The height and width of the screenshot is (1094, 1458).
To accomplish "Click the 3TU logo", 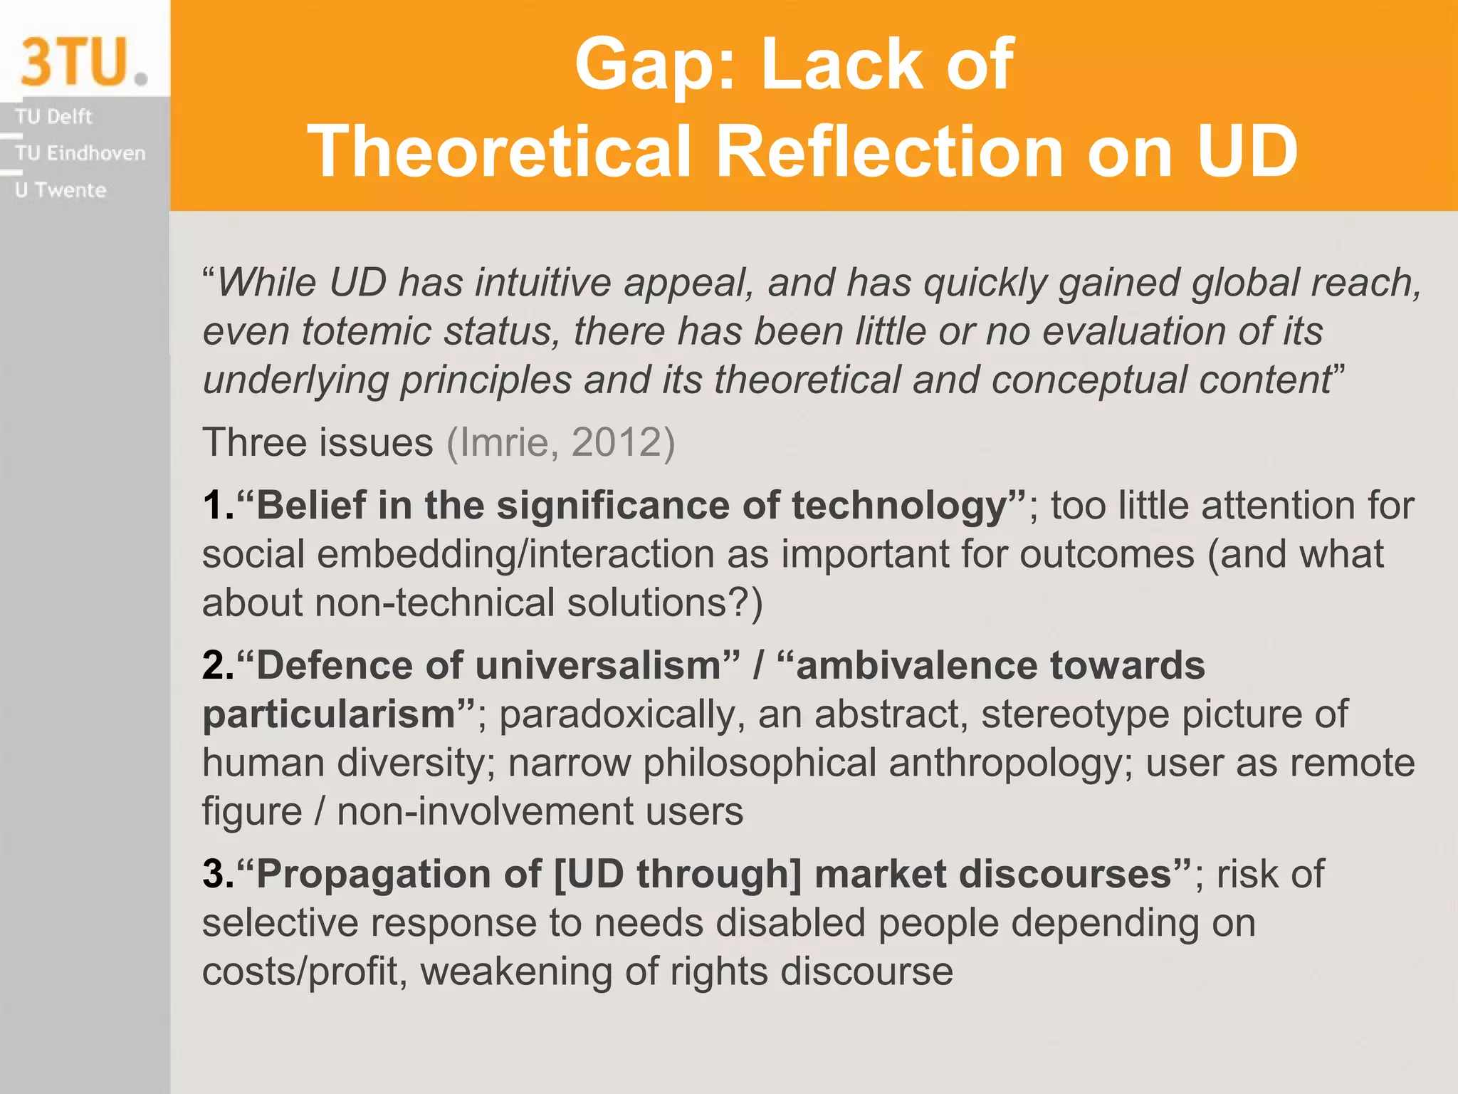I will [x=83, y=62].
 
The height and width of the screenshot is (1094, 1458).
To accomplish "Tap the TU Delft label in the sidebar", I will [x=53, y=116].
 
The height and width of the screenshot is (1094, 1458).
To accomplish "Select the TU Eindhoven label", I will [x=80, y=153].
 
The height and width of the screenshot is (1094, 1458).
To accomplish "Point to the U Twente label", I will [x=61, y=190].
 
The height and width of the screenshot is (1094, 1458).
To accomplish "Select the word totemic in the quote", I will [x=362, y=331].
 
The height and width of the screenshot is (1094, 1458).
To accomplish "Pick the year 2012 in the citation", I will [x=617, y=442].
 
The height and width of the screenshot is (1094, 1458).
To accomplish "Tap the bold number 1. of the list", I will [x=218, y=506].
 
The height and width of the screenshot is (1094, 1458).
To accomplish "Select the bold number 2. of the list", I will [x=218, y=666].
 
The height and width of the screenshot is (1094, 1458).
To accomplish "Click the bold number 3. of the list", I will [x=218, y=874].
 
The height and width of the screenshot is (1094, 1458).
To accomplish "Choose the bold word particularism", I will [x=330, y=714].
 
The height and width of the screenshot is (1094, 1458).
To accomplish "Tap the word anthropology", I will [x=1005, y=764].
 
